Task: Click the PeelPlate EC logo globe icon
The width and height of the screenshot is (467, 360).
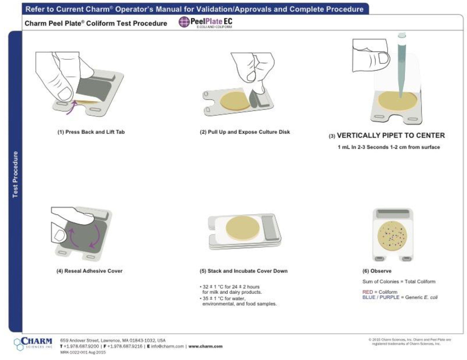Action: coord(184,22)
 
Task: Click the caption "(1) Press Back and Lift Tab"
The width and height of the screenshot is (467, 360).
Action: coord(91,132)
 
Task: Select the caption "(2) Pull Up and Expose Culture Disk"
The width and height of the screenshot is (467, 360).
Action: coord(245,132)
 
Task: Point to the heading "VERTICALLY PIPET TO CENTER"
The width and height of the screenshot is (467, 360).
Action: coord(391,136)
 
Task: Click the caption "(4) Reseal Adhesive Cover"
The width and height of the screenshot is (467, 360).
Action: coord(89,271)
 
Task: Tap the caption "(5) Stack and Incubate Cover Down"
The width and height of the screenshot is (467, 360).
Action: coord(244,271)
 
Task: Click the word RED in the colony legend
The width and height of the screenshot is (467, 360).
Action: coord(367,292)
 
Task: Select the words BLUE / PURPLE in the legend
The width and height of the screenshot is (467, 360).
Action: coord(381,297)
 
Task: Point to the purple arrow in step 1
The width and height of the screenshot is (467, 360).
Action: coord(71,108)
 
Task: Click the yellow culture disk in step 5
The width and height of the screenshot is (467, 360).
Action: coord(243,228)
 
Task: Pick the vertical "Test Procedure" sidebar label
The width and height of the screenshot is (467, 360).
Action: coord(15,174)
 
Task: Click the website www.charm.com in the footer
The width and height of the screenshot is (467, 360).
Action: coord(205,346)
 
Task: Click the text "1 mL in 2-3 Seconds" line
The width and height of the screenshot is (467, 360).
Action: coord(389,147)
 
